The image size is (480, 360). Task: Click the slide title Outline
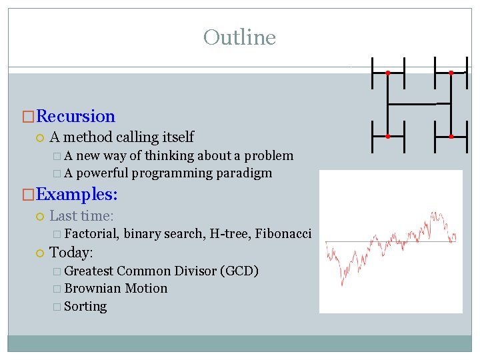click(239, 37)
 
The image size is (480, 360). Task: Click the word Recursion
click(76, 117)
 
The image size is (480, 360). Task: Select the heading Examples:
click(77, 195)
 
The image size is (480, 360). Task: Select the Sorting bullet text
click(85, 307)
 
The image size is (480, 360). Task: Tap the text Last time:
click(81, 216)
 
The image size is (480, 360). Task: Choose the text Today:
click(71, 253)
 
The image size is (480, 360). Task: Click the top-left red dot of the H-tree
click(388, 73)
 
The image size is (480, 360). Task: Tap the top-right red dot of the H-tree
click(451, 73)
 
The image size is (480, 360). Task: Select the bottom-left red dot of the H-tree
click(388, 136)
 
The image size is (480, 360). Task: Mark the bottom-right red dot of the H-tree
click(451, 136)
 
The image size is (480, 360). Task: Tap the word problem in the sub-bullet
click(269, 156)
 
